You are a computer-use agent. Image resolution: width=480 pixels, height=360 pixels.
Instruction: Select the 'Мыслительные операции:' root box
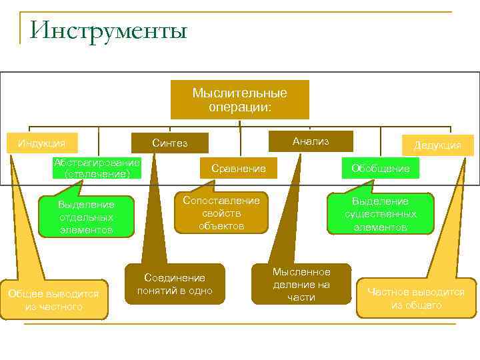click(x=239, y=99)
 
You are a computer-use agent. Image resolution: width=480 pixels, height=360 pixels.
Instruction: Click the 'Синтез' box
click(x=170, y=143)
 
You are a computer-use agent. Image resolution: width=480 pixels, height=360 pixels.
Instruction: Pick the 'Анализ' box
click(x=311, y=141)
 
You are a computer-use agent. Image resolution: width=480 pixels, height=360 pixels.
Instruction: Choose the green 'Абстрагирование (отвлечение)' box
click(x=98, y=168)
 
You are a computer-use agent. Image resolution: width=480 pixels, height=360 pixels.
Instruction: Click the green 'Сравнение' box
click(x=238, y=169)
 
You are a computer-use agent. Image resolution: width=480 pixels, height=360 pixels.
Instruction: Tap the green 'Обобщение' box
click(x=381, y=169)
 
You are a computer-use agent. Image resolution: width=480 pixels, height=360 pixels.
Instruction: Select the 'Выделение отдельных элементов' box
click(x=86, y=217)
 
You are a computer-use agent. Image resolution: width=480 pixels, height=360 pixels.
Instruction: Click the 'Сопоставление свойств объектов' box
click(x=222, y=213)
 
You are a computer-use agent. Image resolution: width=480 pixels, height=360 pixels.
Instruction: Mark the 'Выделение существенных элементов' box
click(x=381, y=214)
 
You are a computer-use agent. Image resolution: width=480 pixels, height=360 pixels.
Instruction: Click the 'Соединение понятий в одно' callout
click(x=175, y=283)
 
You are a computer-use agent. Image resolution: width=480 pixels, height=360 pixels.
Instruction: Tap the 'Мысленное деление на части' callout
click(x=301, y=284)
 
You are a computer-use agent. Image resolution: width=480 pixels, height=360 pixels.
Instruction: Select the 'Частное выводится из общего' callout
click(x=416, y=298)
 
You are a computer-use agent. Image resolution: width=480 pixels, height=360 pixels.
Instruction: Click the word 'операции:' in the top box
click(x=239, y=107)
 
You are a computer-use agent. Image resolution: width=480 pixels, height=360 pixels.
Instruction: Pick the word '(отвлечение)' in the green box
click(x=98, y=174)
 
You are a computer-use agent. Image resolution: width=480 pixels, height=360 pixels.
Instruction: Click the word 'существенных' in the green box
click(x=381, y=214)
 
